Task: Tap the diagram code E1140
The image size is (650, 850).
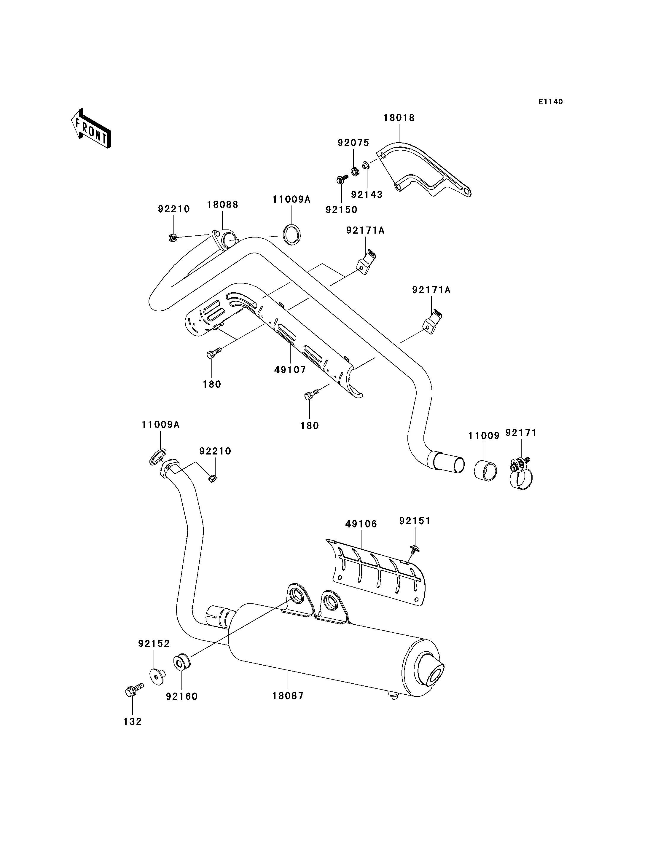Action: point(551,102)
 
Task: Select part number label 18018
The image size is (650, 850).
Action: point(399,118)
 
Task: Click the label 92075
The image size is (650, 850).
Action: point(353,143)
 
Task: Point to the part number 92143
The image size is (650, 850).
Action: point(367,194)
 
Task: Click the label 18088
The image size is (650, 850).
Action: point(222,205)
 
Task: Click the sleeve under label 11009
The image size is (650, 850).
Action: point(485,471)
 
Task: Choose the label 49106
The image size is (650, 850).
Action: point(361,524)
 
